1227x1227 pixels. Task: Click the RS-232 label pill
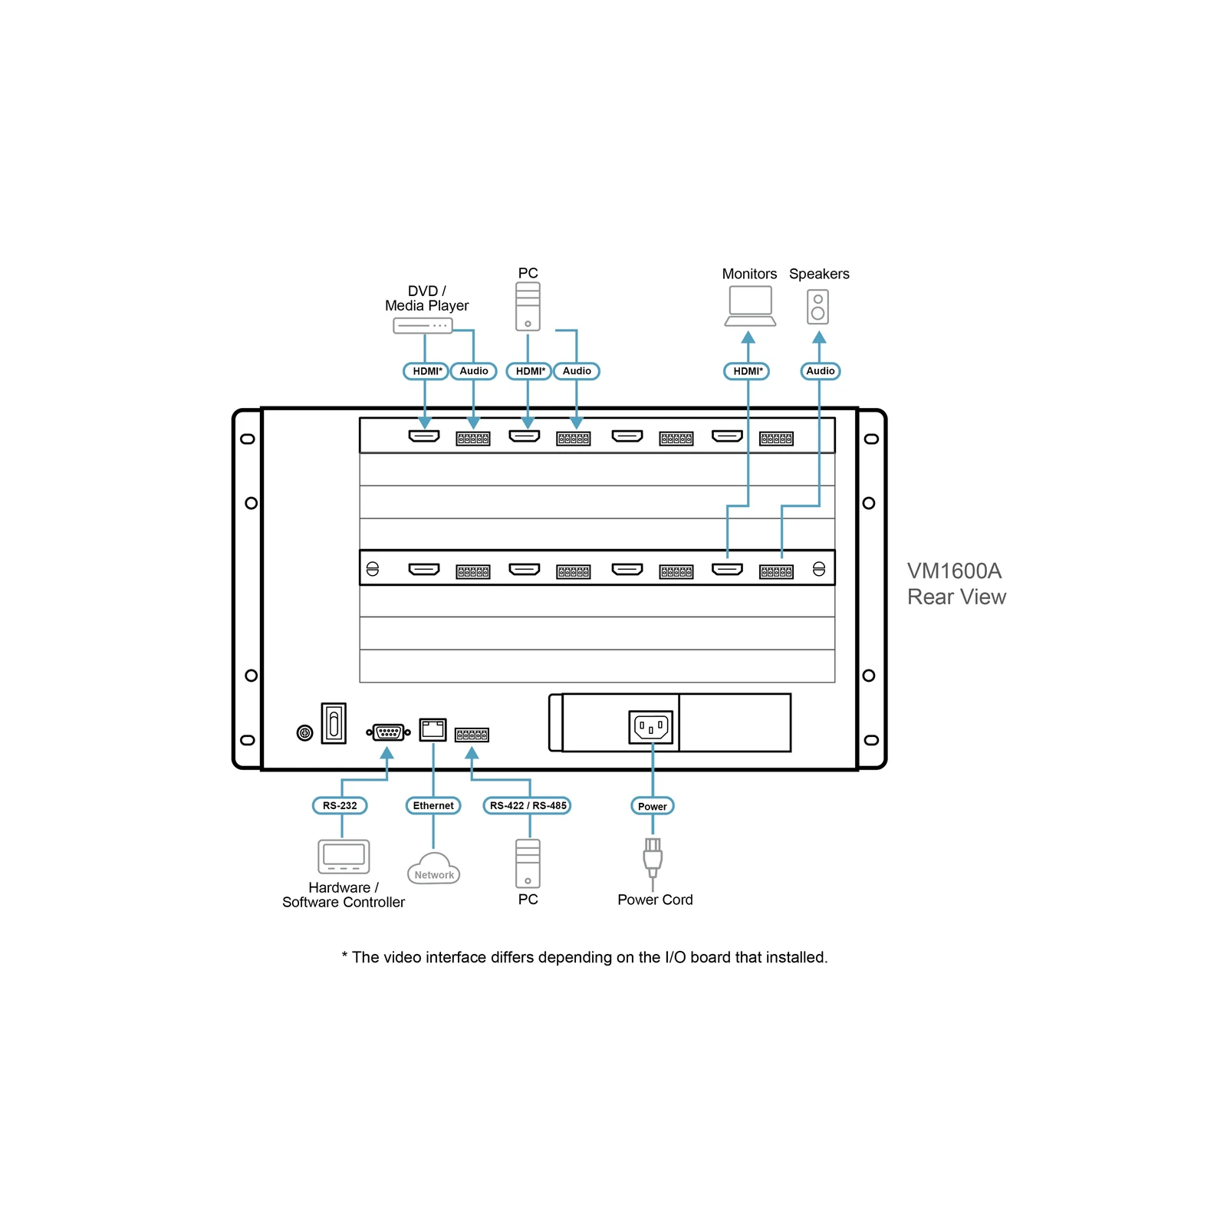[340, 805]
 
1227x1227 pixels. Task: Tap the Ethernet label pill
[433, 805]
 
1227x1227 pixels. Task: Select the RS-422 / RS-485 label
[528, 805]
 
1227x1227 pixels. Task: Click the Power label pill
[652, 806]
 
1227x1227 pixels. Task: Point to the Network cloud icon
[433, 869]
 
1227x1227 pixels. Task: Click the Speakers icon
[818, 307]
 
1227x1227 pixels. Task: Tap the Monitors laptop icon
[750, 306]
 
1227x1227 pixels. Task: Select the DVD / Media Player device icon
[423, 326]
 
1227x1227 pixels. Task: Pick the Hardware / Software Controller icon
[344, 857]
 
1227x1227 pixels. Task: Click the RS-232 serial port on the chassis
[388, 732]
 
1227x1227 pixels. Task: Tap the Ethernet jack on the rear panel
[433, 729]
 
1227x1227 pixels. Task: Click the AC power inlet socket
[651, 727]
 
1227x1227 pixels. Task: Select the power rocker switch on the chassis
[334, 723]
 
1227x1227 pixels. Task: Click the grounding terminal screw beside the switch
[304, 733]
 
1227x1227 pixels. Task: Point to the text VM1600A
[954, 571]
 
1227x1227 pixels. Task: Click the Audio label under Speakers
[820, 371]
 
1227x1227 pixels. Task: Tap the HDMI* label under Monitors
[747, 371]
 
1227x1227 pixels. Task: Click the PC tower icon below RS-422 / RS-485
[528, 864]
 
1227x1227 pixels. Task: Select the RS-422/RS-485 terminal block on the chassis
[472, 735]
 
